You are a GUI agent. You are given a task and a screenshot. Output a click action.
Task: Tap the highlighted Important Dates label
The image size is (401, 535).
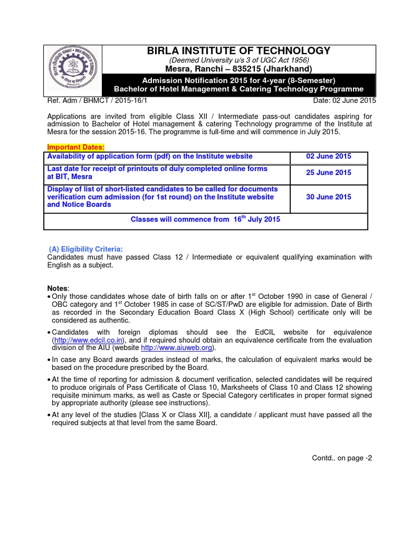click(76, 147)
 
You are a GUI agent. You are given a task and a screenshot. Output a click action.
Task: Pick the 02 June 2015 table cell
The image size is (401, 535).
click(328, 156)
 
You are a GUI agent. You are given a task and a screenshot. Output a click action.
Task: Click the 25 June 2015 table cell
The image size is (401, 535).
click(328, 172)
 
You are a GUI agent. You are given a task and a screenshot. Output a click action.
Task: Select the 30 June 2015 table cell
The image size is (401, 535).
click(328, 197)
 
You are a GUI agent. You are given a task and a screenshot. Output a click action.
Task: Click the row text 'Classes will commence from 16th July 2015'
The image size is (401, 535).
click(205, 219)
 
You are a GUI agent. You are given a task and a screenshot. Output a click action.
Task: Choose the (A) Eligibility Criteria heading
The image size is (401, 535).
click(86, 249)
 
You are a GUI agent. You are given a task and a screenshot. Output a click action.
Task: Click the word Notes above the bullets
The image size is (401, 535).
click(57, 289)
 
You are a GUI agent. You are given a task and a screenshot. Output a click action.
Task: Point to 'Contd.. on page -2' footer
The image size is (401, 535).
click(342, 458)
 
